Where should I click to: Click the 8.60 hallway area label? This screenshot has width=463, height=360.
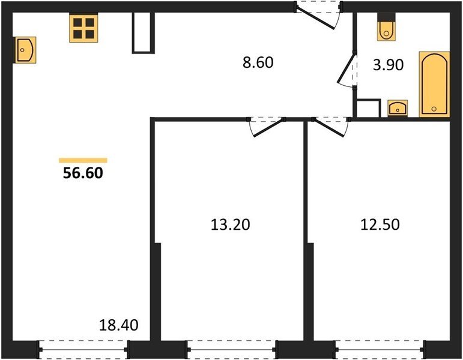[258, 62]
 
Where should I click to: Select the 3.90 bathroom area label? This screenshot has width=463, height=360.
[388, 65]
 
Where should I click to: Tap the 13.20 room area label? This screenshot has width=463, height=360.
[231, 224]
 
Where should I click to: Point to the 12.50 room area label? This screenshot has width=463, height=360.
[380, 224]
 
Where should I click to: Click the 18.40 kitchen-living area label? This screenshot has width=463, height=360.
[118, 325]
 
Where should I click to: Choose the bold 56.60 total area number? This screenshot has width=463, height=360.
[83, 173]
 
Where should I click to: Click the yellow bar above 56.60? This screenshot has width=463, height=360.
[83, 160]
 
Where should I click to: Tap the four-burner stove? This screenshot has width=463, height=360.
[83, 28]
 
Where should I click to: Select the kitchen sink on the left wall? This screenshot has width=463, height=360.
[25, 50]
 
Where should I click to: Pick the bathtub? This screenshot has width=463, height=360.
[434, 85]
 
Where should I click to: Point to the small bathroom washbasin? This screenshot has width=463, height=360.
[398, 108]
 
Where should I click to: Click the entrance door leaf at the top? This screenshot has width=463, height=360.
[315, 19]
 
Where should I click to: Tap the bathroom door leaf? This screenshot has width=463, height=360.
[346, 68]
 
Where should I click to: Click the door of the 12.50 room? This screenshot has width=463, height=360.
[329, 127]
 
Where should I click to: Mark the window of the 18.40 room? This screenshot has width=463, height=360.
[83, 350]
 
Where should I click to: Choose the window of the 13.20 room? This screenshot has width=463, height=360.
[232, 350]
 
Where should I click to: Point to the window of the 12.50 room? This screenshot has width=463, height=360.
[380, 350]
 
